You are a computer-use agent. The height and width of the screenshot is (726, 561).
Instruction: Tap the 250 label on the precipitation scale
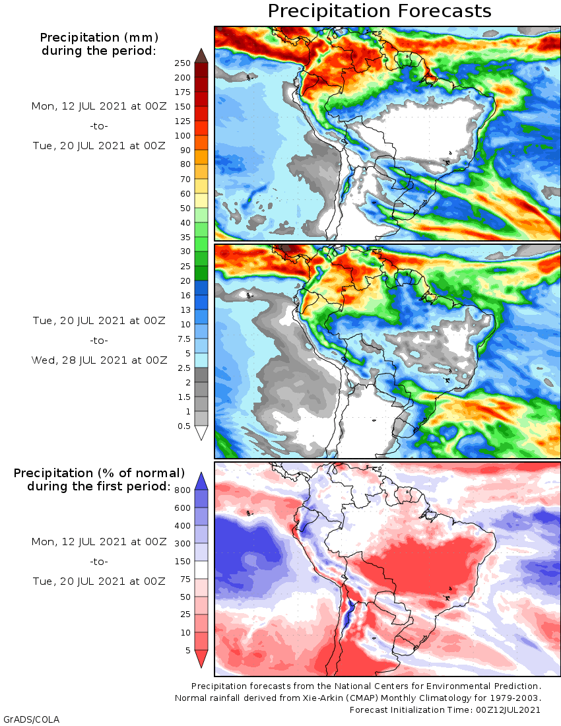tap(183, 63)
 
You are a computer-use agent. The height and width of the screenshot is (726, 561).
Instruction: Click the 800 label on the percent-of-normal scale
tap(183, 490)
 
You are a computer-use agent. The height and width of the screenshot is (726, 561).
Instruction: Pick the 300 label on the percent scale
tap(183, 543)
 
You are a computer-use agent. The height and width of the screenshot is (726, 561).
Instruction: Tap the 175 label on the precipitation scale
tap(183, 92)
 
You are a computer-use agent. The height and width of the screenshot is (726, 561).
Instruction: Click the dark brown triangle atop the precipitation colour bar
tap(201, 55)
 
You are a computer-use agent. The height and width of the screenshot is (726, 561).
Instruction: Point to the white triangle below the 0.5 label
tap(201, 433)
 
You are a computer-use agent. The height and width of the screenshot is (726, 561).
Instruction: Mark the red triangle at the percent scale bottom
tap(201, 658)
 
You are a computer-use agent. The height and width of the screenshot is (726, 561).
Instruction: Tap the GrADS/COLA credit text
tap(26, 719)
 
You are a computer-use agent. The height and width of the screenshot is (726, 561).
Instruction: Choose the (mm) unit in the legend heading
tap(143, 37)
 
